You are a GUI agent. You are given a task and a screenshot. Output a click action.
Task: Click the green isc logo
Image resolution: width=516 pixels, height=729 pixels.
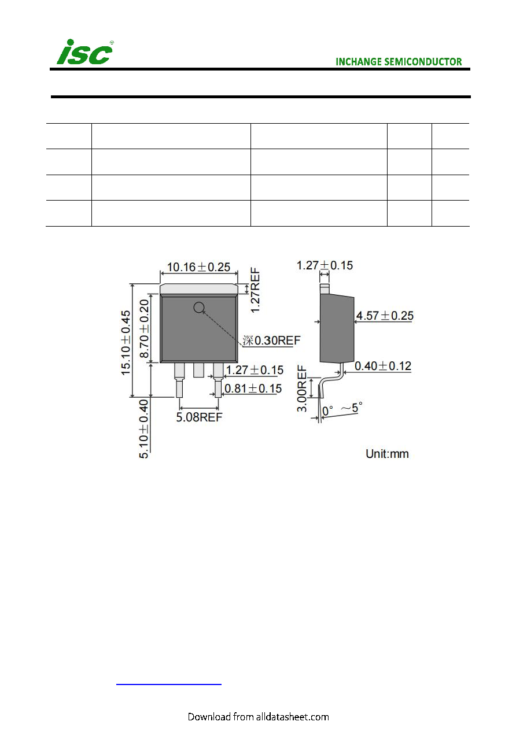[x=85, y=52]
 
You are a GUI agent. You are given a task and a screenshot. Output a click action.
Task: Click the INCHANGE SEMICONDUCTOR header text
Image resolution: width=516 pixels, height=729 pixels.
[x=399, y=62]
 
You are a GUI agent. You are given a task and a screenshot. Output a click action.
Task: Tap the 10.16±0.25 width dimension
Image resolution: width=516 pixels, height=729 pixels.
[x=198, y=267]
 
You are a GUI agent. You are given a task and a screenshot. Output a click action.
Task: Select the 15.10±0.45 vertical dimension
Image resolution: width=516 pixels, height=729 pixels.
[x=126, y=343]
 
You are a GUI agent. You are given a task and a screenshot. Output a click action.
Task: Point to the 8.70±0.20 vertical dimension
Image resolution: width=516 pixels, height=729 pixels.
[x=144, y=328]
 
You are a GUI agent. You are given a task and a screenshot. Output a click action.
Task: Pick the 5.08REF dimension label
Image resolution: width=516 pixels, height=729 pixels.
[x=199, y=417]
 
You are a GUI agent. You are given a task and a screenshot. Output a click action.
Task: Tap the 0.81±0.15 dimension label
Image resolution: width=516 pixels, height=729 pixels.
[x=253, y=388]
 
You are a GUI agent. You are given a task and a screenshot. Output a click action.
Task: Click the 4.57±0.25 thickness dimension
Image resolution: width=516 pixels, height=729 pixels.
[x=385, y=316]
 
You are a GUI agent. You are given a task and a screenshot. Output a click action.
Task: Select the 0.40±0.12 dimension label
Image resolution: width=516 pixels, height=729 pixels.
[x=383, y=366]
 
